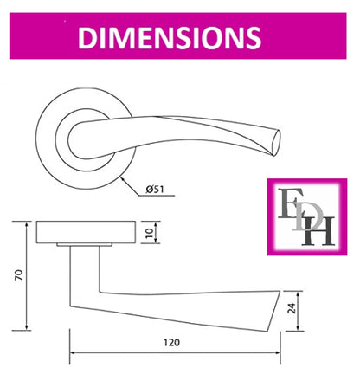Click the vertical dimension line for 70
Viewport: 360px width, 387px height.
(x=29, y=275)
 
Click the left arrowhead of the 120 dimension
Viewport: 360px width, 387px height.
(x=74, y=353)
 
